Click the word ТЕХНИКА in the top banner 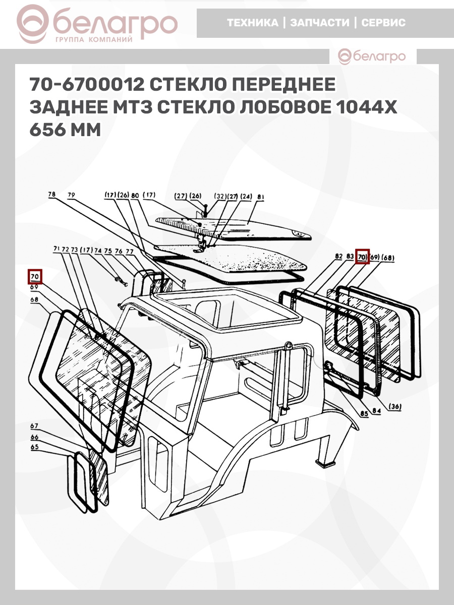point(253,23)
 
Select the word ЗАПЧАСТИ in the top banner point(320,23)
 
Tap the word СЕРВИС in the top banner point(383,23)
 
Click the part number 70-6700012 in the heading point(87,84)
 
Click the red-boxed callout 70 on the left point(35,276)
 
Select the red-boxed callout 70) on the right point(362,257)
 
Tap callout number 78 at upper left point(51,194)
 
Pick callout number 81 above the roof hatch point(260,197)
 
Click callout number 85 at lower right point(364,421)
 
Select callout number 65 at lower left point(35,447)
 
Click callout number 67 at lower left point(34,426)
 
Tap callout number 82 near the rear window point(339,256)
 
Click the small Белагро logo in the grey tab point(372,56)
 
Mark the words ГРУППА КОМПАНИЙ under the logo point(94,40)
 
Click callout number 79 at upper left point(71,195)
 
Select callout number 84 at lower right point(376,419)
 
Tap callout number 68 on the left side point(34,299)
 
